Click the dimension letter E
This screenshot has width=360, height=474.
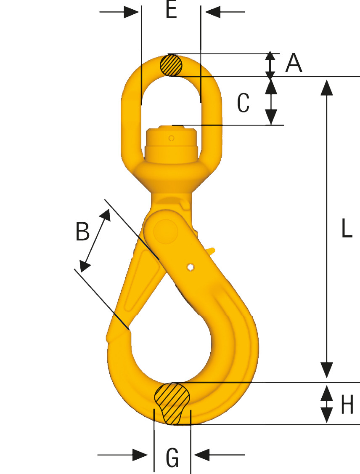(171, 11)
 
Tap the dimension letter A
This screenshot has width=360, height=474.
(294, 64)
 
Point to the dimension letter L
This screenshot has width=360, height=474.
(346, 229)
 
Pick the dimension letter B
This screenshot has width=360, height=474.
(82, 231)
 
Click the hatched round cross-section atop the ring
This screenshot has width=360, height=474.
(171, 65)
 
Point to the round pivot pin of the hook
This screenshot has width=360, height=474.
(165, 231)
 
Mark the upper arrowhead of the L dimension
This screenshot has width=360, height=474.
(327, 86)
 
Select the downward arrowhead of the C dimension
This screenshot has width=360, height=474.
(271, 117)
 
